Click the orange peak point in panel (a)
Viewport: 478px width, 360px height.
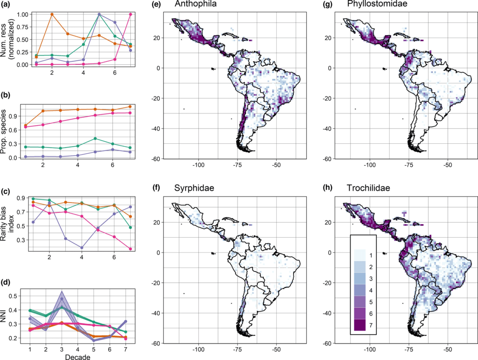click(52, 14)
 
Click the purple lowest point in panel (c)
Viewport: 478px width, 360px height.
click(83, 248)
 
